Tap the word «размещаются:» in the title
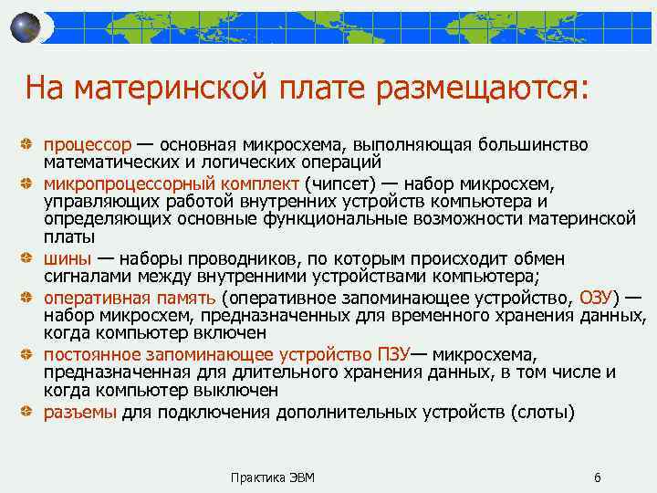(x=489, y=89)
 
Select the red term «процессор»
(x=88, y=145)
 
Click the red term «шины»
(x=66, y=258)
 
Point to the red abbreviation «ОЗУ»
(x=599, y=298)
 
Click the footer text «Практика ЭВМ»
(x=273, y=477)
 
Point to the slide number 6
(x=597, y=477)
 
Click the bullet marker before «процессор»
(x=31, y=146)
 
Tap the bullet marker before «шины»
(x=31, y=259)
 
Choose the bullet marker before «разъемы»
(x=31, y=413)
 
